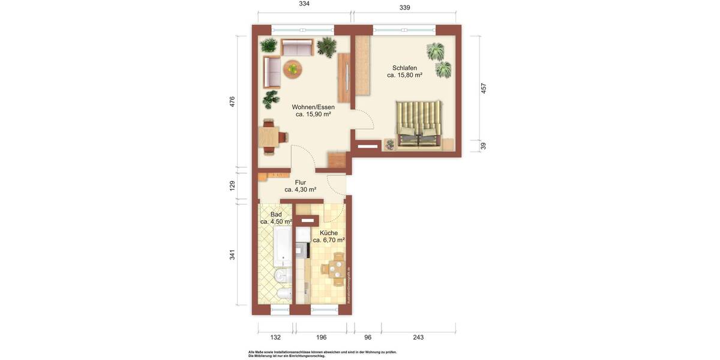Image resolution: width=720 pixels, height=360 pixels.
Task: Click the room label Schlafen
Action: tap(404, 68)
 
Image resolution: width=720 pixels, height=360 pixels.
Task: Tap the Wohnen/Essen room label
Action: tap(313, 107)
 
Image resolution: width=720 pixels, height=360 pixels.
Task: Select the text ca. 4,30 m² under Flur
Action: tap(300, 190)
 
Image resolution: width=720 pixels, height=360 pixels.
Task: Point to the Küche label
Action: tap(329, 233)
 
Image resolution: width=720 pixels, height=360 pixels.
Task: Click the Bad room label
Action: tap(276, 214)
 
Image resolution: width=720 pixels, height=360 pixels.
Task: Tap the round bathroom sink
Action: tap(280, 275)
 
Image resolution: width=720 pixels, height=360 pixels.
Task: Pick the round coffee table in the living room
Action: tap(293, 68)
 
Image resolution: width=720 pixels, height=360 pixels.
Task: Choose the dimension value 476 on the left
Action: tap(232, 101)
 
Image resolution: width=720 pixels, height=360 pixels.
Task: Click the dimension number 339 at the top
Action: tap(404, 8)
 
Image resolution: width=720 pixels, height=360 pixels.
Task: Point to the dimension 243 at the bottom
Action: tap(418, 337)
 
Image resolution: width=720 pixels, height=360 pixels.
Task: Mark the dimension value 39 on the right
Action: tap(484, 146)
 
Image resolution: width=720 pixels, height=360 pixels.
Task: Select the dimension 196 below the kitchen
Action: tap(322, 337)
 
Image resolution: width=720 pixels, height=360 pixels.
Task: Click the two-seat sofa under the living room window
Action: tap(297, 48)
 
